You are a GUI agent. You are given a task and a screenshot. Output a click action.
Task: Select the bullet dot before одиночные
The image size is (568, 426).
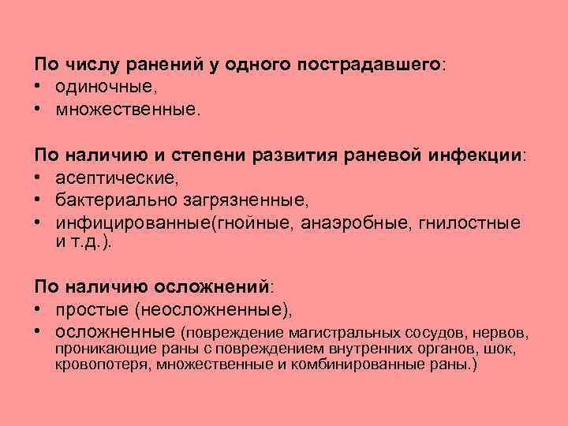tap(37, 88)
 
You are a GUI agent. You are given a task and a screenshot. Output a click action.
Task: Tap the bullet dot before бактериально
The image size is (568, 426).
tap(37, 200)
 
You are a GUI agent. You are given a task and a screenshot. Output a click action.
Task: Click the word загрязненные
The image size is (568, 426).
tap(250, 200)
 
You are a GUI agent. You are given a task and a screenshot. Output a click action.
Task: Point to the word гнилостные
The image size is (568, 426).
tap(470, 222)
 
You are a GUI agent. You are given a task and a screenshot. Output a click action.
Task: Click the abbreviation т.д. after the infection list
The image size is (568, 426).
tap(90, 242)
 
